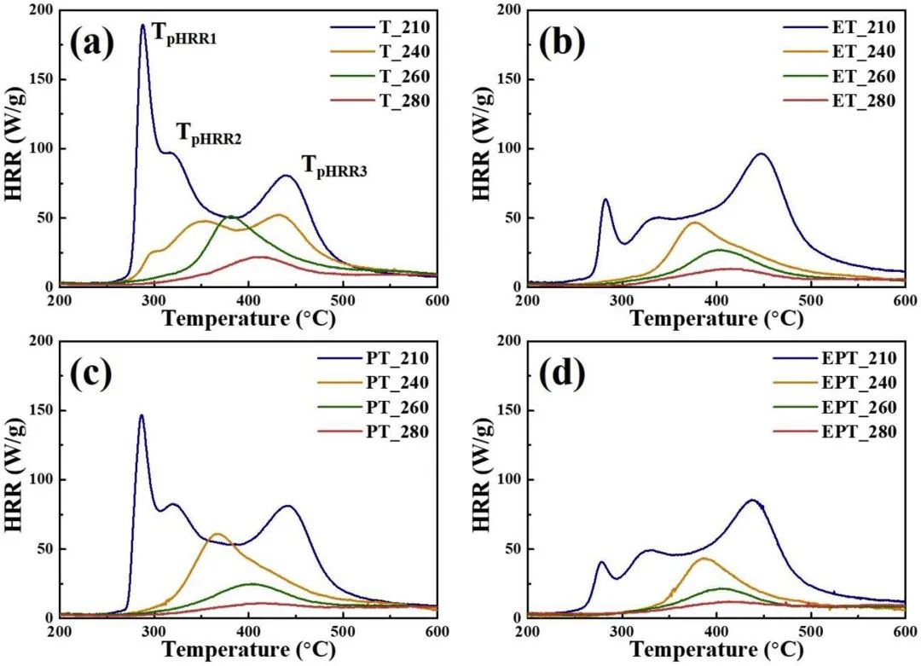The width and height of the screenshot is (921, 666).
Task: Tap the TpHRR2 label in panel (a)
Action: click(208, 134)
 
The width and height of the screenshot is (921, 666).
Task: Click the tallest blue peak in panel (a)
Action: click(143, 26)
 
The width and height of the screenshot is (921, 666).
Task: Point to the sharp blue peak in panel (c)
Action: click(142, 415)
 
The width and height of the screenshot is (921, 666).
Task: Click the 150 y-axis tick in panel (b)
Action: click(509, 79)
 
